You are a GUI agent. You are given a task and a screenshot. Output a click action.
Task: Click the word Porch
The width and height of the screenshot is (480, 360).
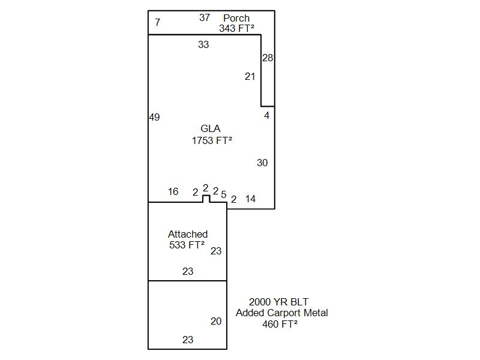point(236,18)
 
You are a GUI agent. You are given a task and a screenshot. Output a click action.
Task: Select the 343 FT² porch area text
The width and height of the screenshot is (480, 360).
point(236,28)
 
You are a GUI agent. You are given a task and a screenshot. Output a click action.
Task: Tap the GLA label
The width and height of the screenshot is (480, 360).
point(211,128)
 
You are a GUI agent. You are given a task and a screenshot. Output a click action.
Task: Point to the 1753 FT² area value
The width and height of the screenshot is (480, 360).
point(212,140)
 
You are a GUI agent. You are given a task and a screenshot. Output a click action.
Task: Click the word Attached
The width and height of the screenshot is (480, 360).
point(188,234)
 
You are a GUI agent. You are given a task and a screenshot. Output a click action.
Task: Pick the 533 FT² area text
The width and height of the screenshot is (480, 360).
point(187,245)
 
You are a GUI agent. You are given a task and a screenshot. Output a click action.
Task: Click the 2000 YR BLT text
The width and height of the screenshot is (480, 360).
point(278,302)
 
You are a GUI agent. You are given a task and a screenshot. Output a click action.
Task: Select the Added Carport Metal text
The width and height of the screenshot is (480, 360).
point(281,313)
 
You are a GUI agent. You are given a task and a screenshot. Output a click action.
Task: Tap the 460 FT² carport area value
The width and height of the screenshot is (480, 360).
point(280,324)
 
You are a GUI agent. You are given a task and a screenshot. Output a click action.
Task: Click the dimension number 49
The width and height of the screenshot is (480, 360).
point(155,117)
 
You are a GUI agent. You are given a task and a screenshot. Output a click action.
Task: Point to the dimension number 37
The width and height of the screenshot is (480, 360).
point(205,18)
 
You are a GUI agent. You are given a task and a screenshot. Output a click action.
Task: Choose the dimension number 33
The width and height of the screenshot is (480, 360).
point(203,44)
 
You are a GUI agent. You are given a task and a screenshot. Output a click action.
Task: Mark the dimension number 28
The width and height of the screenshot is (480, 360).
point(268,58)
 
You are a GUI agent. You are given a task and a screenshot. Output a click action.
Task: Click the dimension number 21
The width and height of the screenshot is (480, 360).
point(250,77)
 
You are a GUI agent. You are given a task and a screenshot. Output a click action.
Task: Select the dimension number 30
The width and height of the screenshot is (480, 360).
point(262,163)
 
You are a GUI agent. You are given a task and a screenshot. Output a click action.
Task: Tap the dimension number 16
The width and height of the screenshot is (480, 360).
point(173,191)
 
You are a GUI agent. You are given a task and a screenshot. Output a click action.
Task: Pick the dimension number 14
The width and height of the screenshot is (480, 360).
point(250,199)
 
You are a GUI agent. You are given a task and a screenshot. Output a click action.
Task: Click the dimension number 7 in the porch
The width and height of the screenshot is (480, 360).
point(158,22)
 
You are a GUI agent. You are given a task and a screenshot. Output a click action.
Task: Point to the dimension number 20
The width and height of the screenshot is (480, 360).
point(216,321)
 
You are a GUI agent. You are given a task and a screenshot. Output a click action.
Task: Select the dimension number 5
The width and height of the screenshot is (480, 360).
point(224,194)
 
